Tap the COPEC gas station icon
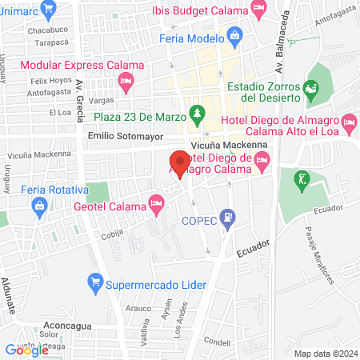(229, 215)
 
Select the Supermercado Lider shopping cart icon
(94, 282)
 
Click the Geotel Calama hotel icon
(158, 206)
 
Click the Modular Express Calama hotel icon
(126, 81)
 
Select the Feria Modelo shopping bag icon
(234, 34)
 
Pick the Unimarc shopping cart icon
(48, 8)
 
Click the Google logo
(27, 350)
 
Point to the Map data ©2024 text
(325, 354)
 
